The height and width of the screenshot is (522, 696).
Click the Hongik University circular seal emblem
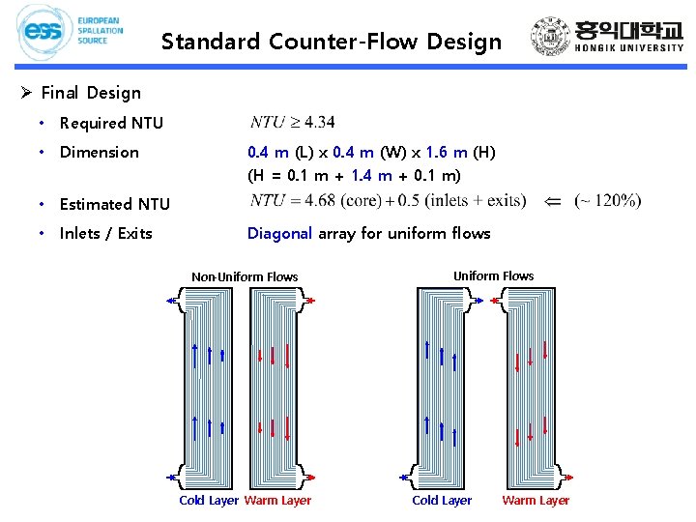pos(552,38)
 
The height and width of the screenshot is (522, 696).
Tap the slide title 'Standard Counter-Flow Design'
pos(332,42)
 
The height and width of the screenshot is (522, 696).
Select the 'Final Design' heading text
pos(91,93)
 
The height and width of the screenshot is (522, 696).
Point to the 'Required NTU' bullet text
pos(111,123)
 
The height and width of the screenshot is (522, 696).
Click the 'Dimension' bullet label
pos(99,152)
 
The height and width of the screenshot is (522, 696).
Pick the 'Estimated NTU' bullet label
pos(114,204)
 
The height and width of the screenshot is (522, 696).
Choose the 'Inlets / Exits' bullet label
pos(105,233)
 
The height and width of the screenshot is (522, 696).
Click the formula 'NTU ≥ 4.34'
pos(293,122)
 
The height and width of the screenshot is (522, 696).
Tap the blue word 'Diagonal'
pos(279,233)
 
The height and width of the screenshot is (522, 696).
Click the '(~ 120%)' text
pos(607,201)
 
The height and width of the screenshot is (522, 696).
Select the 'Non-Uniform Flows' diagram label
pos(245,276)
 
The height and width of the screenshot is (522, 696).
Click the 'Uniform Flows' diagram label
pos(493,275)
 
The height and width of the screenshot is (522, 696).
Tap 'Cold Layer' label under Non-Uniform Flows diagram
pos(209,500)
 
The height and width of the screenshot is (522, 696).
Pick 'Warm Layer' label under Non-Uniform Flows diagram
pos(277,500)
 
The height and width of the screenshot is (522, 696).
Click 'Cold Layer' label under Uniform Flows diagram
pos(442,500)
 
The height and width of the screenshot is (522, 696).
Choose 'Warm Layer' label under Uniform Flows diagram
pos(536,500)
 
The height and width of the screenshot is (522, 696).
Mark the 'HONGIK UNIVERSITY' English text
pos(629,47)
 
